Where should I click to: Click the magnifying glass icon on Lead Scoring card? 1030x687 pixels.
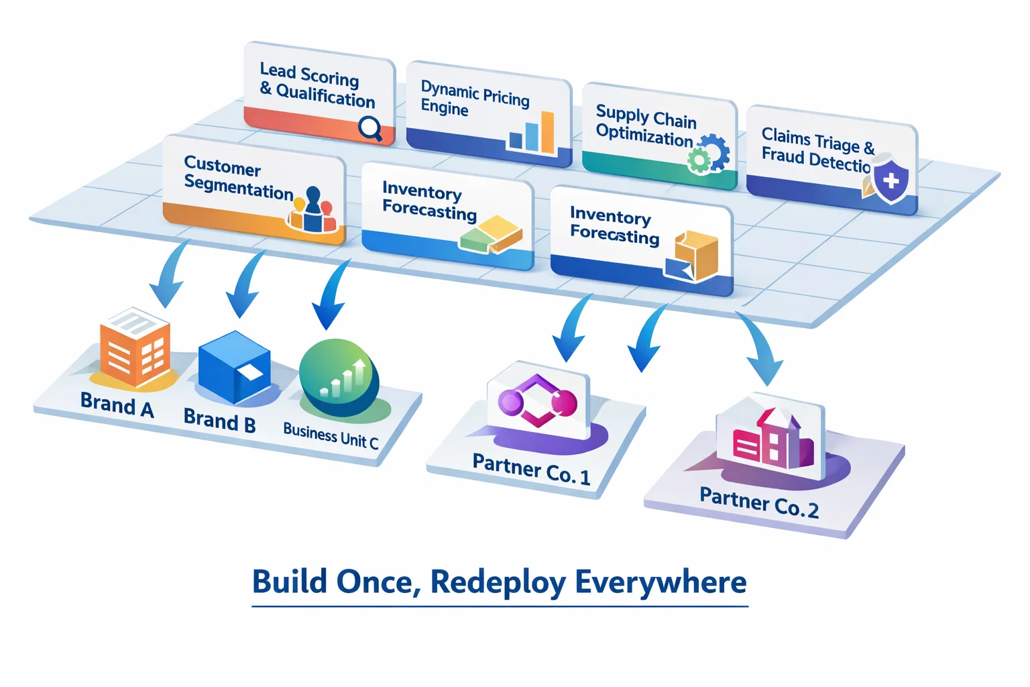370,127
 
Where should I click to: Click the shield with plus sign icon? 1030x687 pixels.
891,180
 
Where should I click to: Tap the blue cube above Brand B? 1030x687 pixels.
235,366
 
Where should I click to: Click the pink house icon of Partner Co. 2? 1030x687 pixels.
771,439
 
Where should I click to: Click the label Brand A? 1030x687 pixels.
117,405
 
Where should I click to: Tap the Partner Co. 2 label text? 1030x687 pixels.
758,503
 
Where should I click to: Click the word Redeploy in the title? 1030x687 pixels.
498,582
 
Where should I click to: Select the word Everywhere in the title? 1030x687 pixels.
661,582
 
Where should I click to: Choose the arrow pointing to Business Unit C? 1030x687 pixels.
331,295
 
